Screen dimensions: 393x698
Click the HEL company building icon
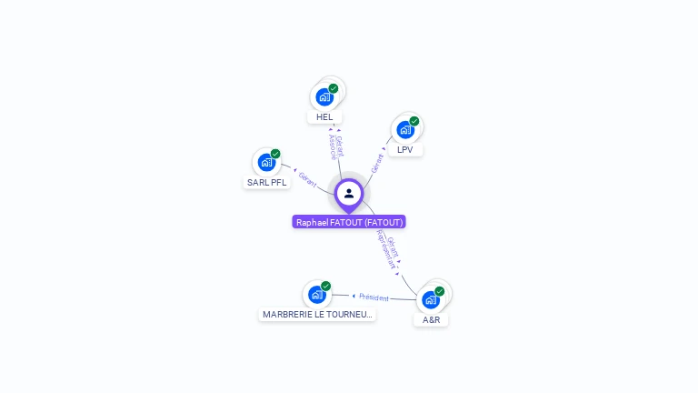pyautogui.click(x=324, y=96)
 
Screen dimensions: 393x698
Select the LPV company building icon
pyautogui.click(x=404, y=129)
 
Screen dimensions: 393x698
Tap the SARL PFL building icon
pyautogui.click(x=266, y=162)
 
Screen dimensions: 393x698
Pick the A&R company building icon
pyautogui.click(x=430, y=299)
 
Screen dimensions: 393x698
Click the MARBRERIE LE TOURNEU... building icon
pyautogui.click(x=316, y=294)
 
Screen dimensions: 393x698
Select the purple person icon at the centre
pyautogui.click(x=349, y=193)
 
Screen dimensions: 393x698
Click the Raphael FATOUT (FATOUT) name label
pyautogui.click(x=349, y=222)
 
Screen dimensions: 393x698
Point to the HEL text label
pyautogui.click(x=324, y=117)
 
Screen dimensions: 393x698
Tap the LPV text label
pyautogui.click(x=405, y=149)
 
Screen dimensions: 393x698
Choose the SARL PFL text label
pyautogui.click(x=266, y=182)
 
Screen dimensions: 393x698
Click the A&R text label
pyautogui.click(x=431, y=319)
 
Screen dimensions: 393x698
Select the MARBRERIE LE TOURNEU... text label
pyautogui.click(x=317, y=314)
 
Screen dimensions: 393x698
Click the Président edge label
pyautogui.click(x=374, y=297)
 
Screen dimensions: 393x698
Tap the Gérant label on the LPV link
pyautogui.click(x=377, y=163)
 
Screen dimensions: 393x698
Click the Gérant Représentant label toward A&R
pyautogui.click(x=388, y=247)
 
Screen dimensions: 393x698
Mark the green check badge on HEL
pyautogui.click(x=334, y=88)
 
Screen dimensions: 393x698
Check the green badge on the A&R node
pyautogui.click(x=440, y=291)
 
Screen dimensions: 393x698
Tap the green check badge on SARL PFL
pyautogui.click(x=275, y=154)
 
